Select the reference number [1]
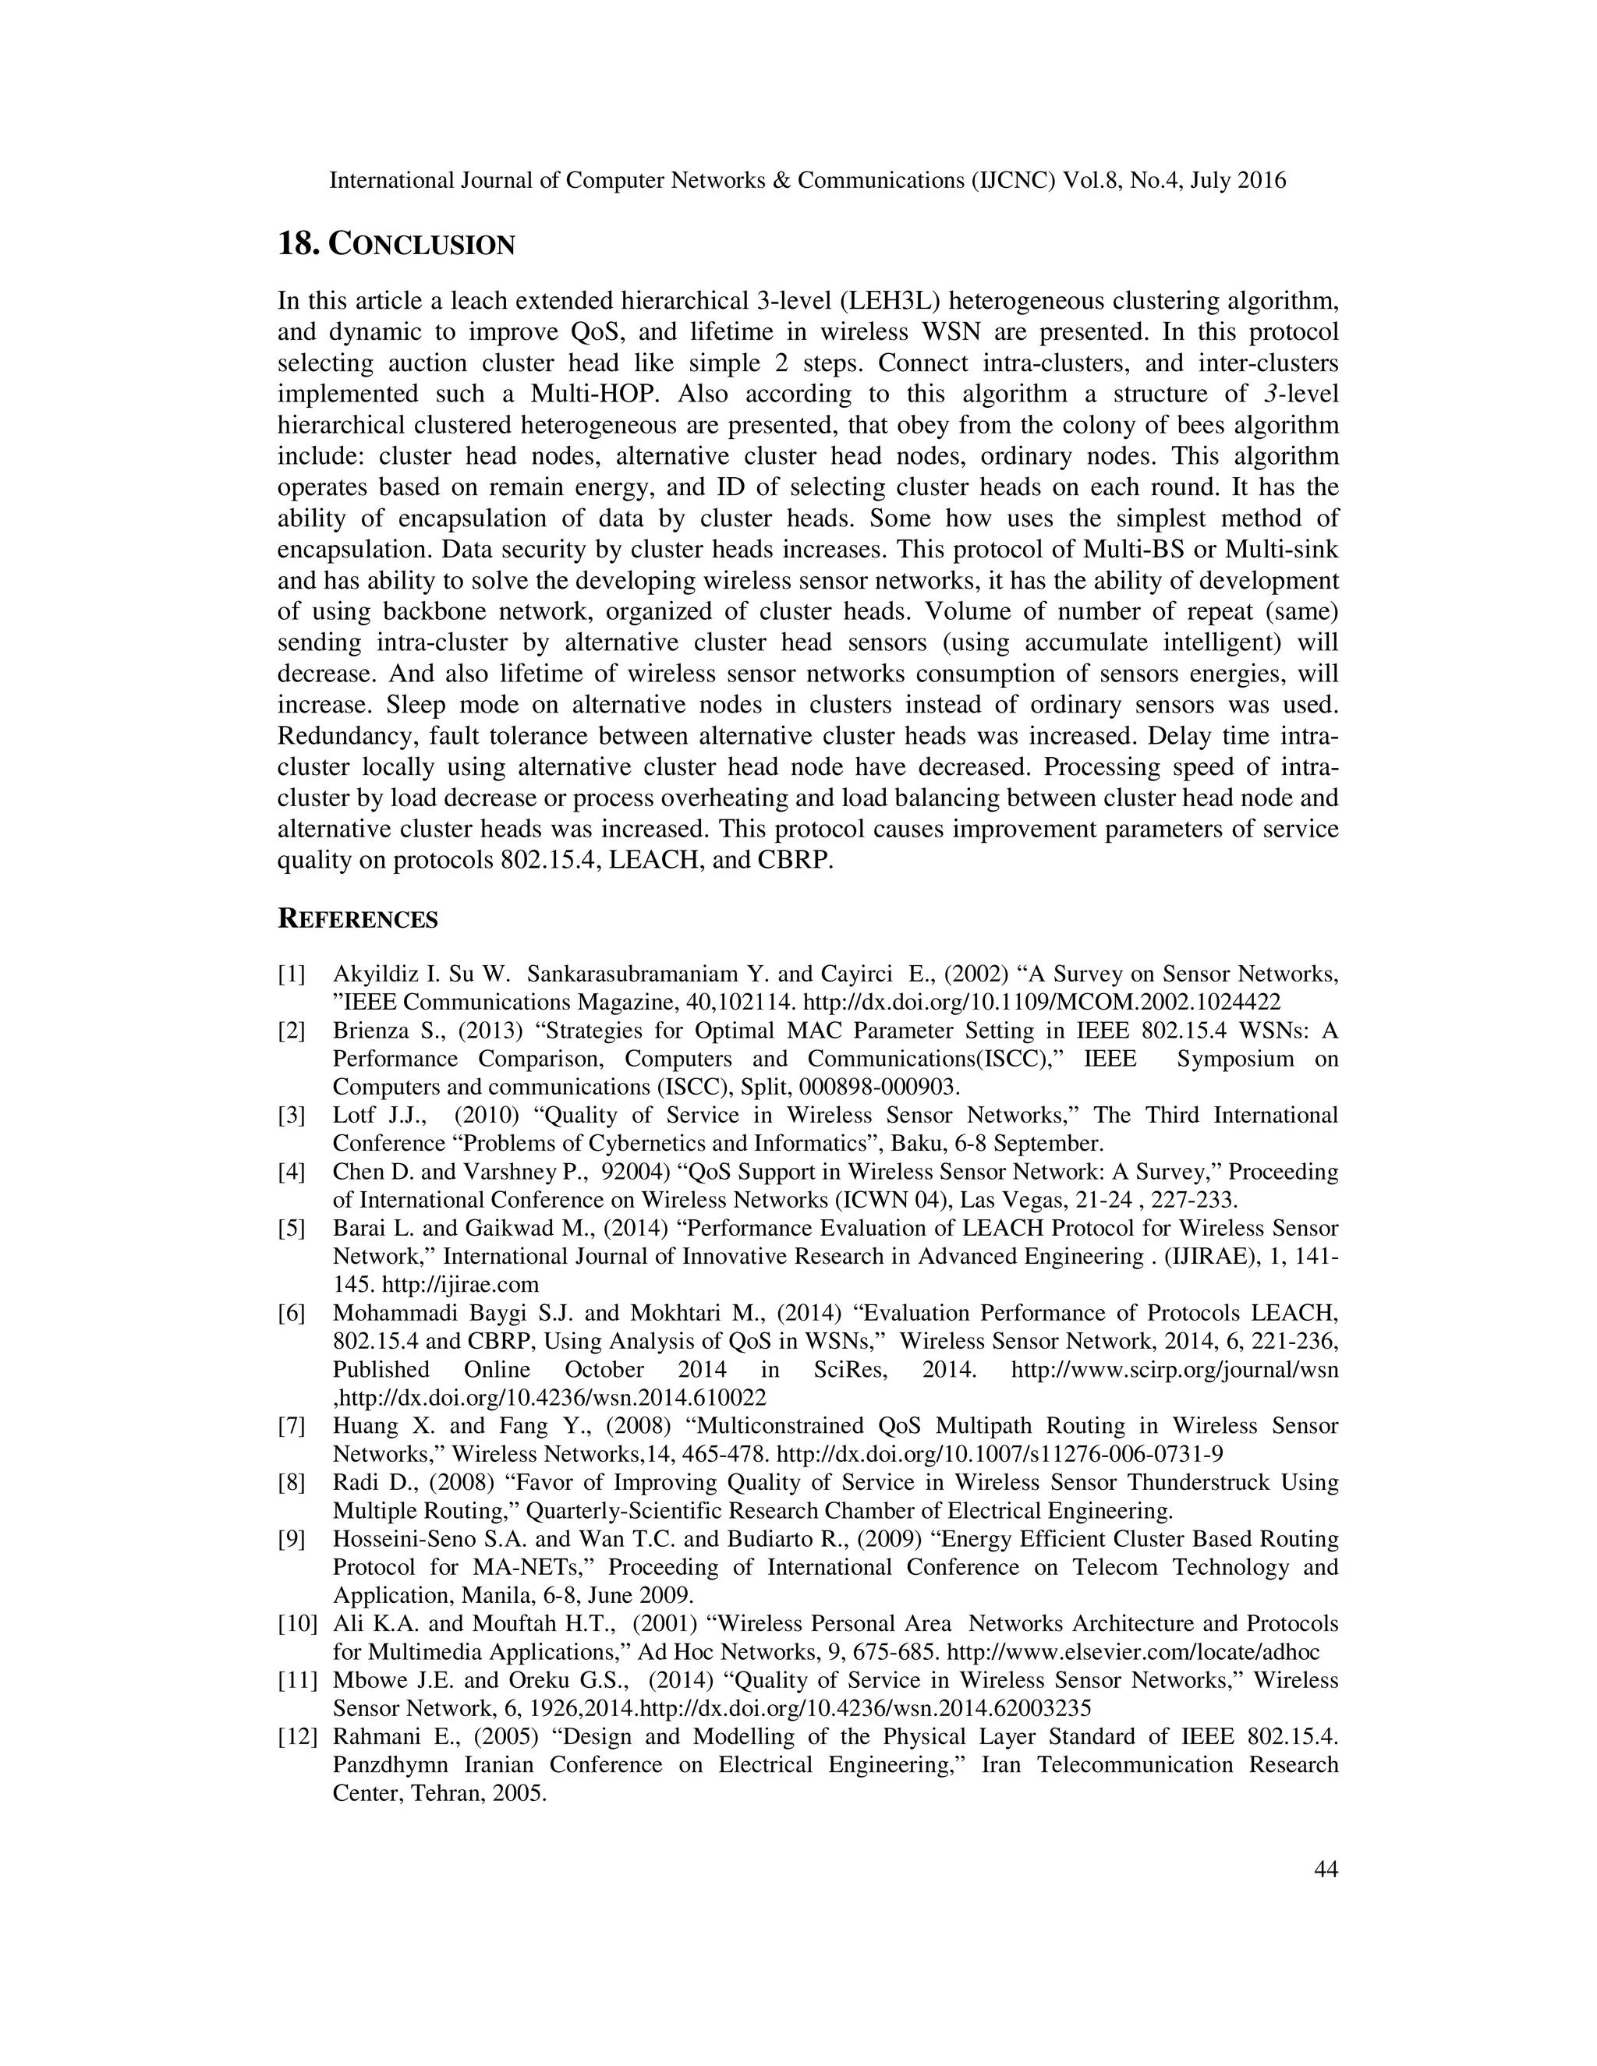pyautogui.click(x=292, y=975)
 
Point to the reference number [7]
pyautogui.click(x=292, y=1426)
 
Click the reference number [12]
pyautogui.click(x=296, y=1737)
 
